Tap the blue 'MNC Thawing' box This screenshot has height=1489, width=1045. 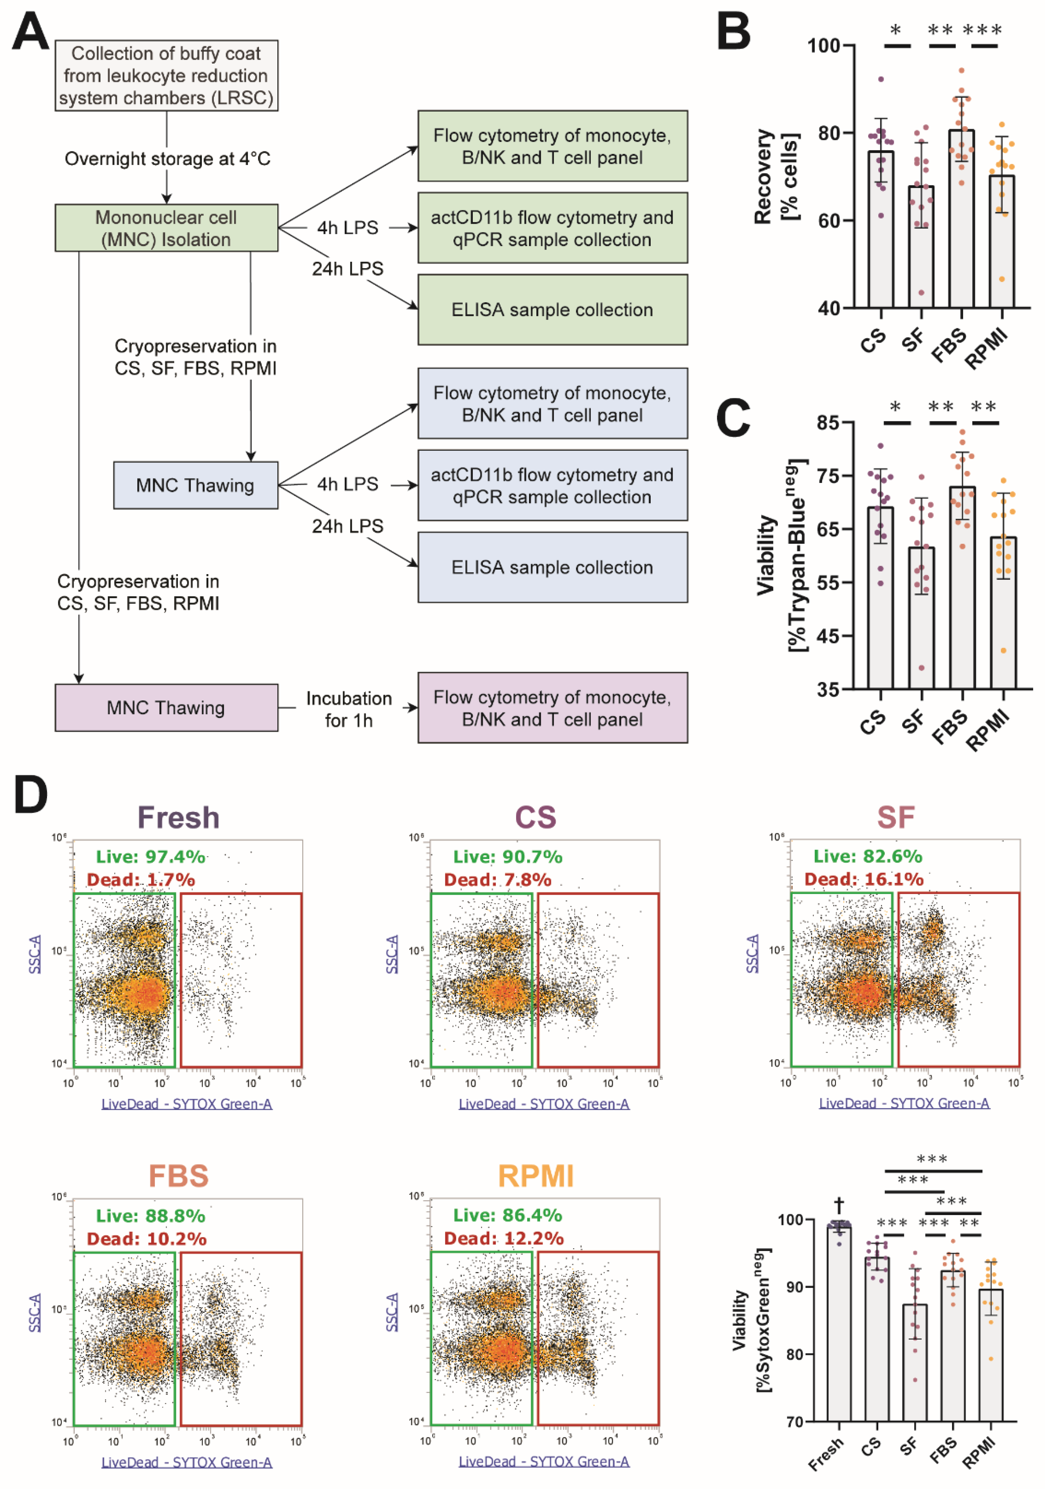(195, 485)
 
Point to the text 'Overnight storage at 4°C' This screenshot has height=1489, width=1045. (167, 159)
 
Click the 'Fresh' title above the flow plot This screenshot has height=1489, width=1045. (178, 817)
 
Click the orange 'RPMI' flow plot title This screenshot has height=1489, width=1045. (536, 1176)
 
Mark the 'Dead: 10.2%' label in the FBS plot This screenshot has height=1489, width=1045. (146, 1239)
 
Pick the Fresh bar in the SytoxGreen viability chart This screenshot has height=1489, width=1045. (839, 1323)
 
